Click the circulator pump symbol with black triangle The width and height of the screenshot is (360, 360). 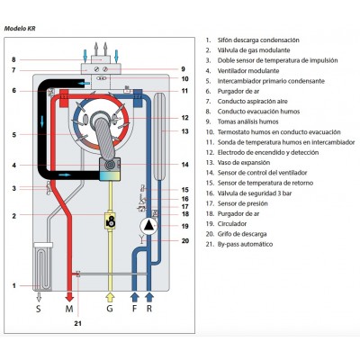tap(148, 226)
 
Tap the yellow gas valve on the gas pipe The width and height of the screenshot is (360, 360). tap(110, 221)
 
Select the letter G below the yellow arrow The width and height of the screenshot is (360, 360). tap(110, 309)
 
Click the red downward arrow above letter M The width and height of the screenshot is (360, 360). tap(69, 295)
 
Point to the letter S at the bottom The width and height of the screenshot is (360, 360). tap(39, 309)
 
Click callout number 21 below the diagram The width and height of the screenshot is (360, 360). tap(77, 324)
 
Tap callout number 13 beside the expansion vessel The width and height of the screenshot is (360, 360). tap(185, 131)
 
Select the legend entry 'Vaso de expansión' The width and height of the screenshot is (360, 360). tap(244, 163)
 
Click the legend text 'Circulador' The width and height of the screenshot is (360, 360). tap(232, 224)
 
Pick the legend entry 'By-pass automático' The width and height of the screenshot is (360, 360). tap(245, 244)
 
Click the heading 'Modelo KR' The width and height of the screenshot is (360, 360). tap(20, 29)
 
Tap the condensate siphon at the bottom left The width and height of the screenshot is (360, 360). tap(43, 266)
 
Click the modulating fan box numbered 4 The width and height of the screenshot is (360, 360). tap(110, 170)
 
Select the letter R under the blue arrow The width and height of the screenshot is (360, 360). tap(149, 309)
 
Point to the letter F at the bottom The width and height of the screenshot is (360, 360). tap(135, 309)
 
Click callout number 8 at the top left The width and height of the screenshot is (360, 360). tap(13, 59)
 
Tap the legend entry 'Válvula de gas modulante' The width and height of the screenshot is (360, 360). tap(254, 50)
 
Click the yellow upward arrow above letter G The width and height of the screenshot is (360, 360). tap(110, 297)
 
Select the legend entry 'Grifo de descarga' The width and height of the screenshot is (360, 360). tap(242, 234)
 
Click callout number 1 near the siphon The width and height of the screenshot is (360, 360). tap(13, 286)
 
